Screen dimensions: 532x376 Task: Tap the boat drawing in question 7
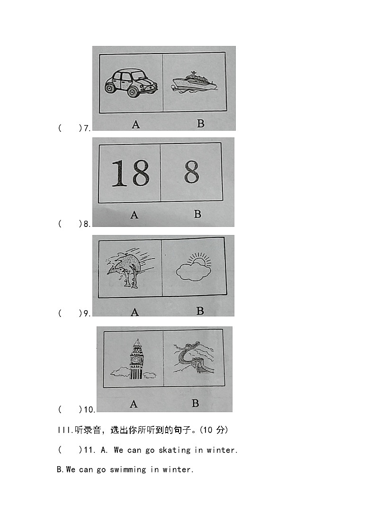(194, 82)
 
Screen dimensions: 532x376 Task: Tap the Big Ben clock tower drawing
(136, 360)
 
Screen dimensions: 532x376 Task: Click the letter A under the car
(135, 125)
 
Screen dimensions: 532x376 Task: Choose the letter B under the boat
(200, 123)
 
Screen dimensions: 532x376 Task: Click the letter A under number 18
(134, 215)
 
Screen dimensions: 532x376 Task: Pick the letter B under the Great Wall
(195, 404)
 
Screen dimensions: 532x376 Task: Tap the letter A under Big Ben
(134, 404)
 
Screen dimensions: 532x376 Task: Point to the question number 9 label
(87, 313)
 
